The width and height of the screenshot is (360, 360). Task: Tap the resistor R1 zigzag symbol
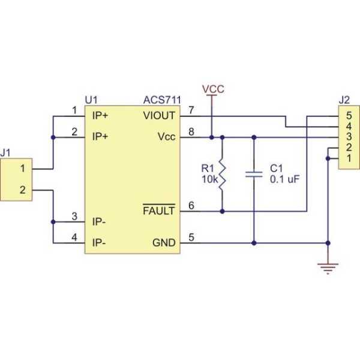223,174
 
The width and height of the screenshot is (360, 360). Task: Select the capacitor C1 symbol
254,175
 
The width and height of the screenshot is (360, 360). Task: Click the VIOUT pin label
160,115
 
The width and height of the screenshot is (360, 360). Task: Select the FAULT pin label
158,211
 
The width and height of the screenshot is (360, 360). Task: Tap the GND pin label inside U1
164,243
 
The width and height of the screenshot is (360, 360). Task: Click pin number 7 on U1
191,110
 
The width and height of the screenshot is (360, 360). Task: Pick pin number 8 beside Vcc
191,131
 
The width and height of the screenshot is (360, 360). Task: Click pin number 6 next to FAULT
191,206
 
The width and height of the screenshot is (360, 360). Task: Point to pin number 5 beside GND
191,238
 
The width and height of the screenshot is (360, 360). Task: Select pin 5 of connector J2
348,115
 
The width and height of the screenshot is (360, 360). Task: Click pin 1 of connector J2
348,158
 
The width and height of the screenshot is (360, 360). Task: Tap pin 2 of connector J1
22,190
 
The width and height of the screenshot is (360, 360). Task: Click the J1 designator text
7,153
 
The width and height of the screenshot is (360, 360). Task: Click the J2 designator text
344,99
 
